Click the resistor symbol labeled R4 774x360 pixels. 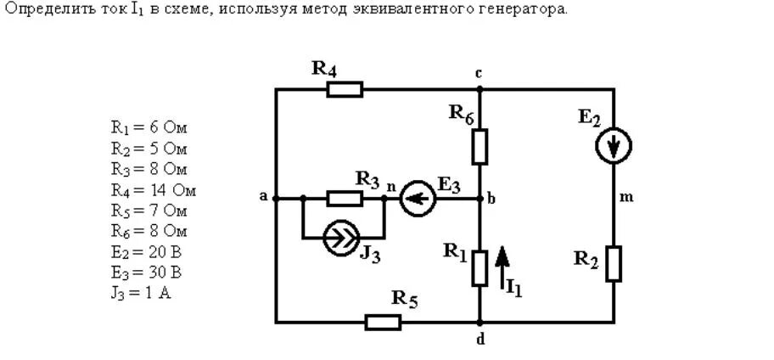click(x=345, y=89)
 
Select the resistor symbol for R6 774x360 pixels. click(x=480, y=146)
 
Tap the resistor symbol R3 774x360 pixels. click(x=345, y=199)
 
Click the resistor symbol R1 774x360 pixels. click(x=480, y=267)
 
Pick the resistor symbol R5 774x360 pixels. click(x=383, y=322)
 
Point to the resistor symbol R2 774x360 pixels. click(x=614, y=263)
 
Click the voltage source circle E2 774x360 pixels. click(x=613, y=146)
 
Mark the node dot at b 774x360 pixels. click(x=480, y=199)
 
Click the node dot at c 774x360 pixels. click(x=480, y=89)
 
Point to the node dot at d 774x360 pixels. click(x=480, y=322)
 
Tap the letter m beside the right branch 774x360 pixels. click(x=627, y=198)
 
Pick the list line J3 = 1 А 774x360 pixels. click(x=141, y=294)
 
